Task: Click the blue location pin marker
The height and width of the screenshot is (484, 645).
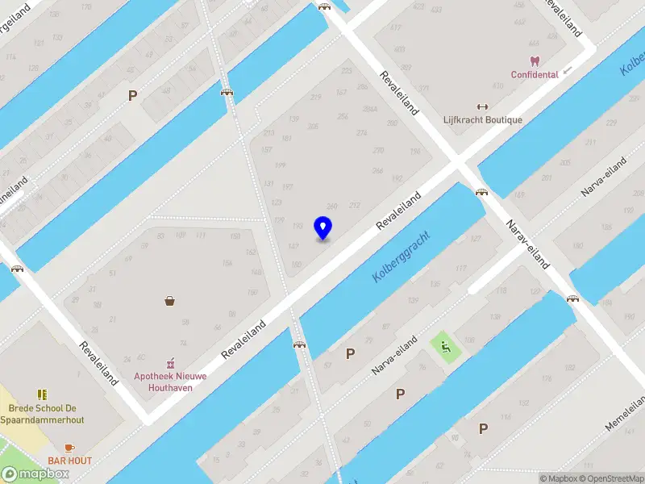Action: tap(322, 228)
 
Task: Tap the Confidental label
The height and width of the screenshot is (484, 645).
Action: tap(535, 75)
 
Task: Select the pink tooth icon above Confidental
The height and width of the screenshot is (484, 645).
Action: tap(535, 60)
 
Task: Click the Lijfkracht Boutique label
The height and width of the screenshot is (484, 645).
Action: tap(483, 120)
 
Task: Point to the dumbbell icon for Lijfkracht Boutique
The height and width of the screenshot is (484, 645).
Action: tap(483, 106)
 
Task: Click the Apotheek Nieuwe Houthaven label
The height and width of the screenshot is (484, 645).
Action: tap(170, 381)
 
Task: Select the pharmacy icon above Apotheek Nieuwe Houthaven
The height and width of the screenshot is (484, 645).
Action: tap(170, 365)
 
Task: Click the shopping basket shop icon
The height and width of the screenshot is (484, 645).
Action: tap(170, 302)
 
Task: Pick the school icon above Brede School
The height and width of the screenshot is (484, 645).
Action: tap(42, 394)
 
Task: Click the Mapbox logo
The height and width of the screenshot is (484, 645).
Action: tap(35, 474)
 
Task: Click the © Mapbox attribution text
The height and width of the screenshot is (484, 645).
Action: tap(558, 478)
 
